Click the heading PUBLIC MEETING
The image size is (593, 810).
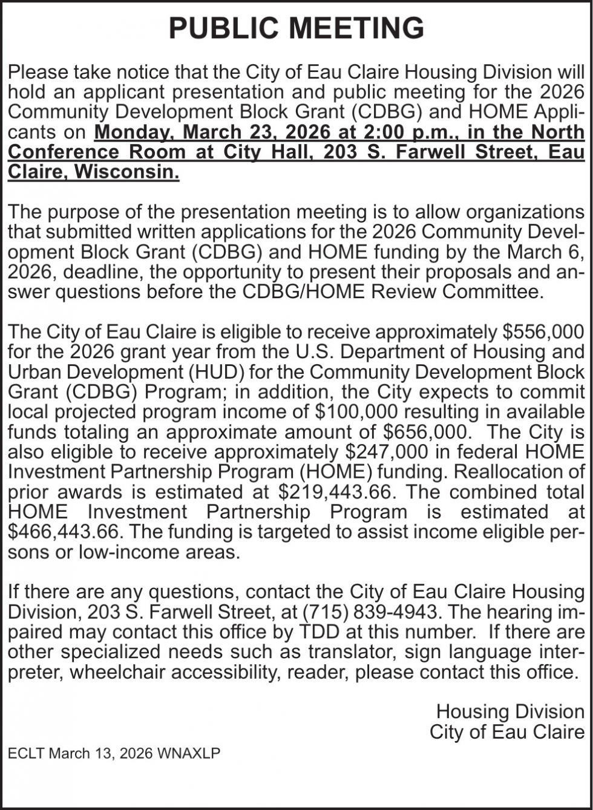[x=296, y=28]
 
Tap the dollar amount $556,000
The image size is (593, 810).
[x=543, y=332]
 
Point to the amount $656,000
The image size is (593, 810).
[x=427, y=432]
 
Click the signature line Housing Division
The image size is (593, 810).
[x=510, y=711]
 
